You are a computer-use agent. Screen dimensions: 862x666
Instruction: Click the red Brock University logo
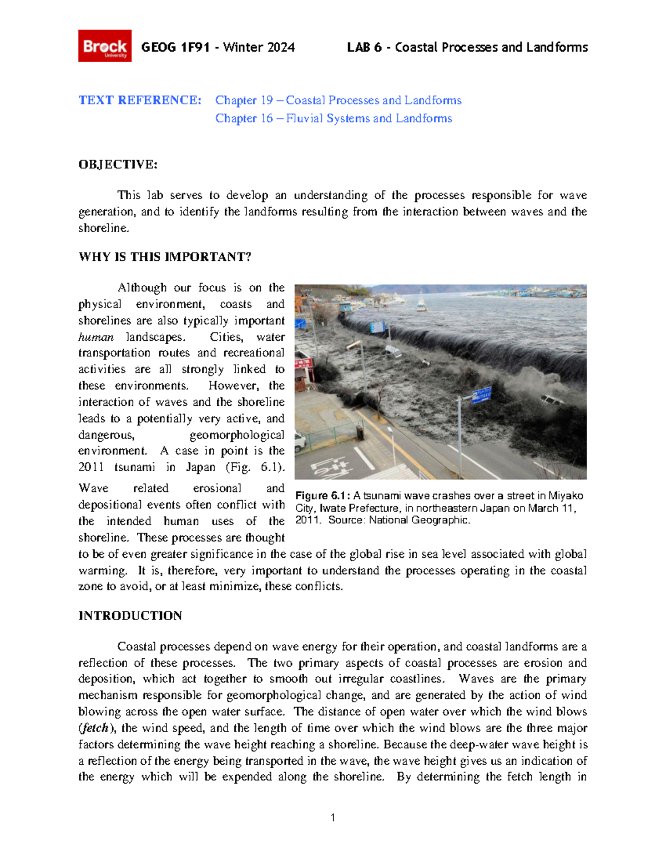point(105,46)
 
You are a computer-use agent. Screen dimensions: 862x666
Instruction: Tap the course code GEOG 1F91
point(175,48)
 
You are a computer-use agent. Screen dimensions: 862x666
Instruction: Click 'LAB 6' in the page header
point(364,48)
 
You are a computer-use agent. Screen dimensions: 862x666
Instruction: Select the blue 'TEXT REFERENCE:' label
point(140,100)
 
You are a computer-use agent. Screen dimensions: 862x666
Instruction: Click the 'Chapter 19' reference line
point(338,100)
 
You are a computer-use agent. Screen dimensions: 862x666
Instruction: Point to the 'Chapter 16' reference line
point(334,119)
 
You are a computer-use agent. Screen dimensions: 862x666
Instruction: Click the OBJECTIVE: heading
point(118,164)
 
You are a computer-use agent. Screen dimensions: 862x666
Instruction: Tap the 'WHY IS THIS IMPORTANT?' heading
point(165,257)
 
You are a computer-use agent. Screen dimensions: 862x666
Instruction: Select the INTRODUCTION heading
point(130,616)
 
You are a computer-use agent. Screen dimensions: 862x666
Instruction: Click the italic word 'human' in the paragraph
point(95,337)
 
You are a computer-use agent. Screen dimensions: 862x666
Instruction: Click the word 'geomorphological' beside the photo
point(237,435)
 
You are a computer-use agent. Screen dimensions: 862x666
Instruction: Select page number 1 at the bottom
point(332,818)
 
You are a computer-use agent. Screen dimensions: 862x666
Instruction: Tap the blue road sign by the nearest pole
point(481,395)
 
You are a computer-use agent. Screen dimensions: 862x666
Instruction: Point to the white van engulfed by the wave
point(551,400)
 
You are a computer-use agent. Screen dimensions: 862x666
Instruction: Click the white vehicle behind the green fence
point(300,441)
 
